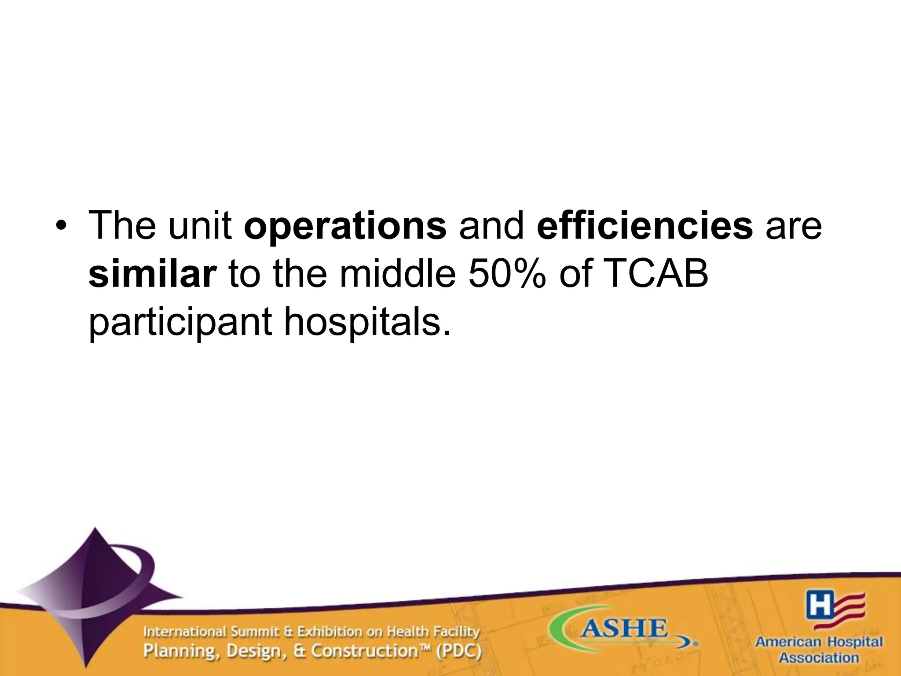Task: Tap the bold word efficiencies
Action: [x=645, y=225]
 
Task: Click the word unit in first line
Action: [x=200, y=225]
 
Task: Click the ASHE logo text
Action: [x=624, y=629]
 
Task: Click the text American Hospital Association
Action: [x=819, y=650]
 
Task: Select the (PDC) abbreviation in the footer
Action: [x=458, y=651]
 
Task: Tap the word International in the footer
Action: [x=185, y=632]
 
